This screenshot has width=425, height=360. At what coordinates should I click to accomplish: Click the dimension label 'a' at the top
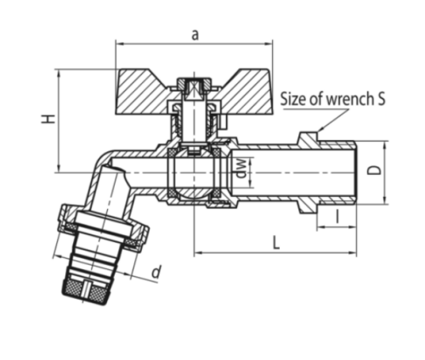tap(195, 36)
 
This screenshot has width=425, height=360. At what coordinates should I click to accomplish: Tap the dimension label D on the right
tap(374, 171)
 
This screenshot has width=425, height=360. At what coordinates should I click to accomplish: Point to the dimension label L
tap(275, 243)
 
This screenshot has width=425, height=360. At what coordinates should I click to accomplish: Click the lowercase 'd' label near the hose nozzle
tap(156, 272)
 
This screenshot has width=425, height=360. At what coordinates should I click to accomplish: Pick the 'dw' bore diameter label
tap(241, 168)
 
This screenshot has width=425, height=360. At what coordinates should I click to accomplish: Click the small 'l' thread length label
tap(337, 217)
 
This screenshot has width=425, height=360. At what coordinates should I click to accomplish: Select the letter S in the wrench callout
tap(381, 98)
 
